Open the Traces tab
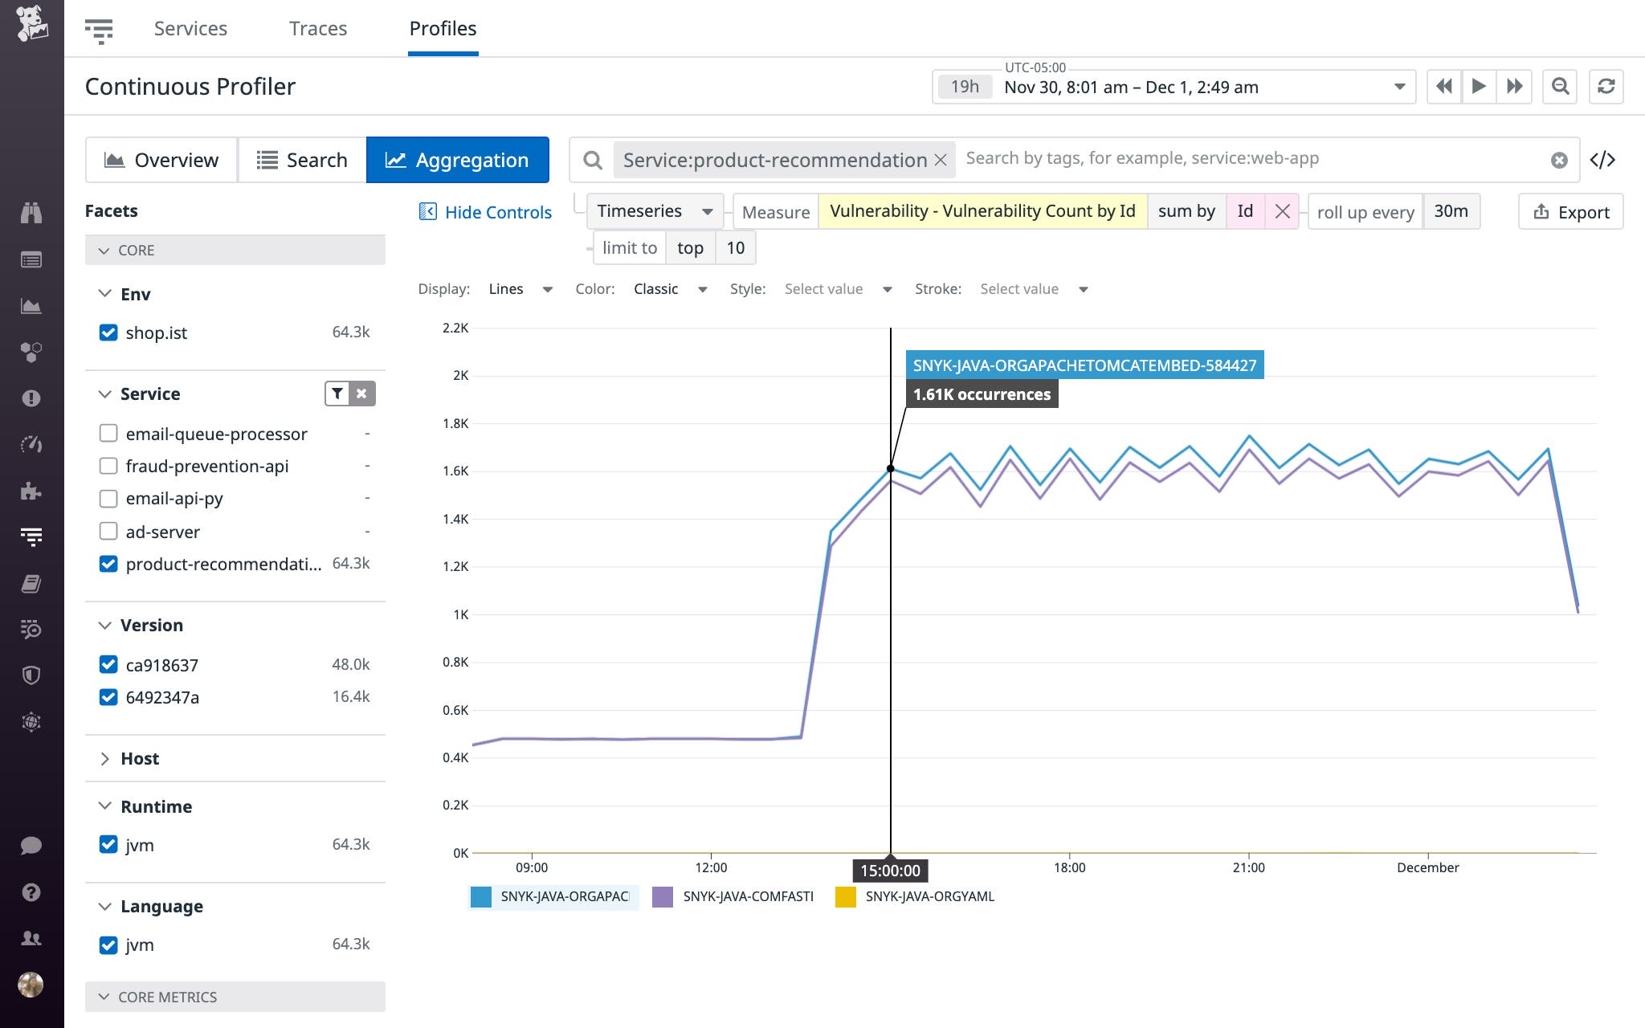click(x=318, y=29)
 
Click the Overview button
click(x=161, y=160)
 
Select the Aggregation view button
click(x=457, y=160)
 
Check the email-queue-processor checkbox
click(x=108, y=434)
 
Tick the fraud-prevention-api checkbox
click(x=108, y=466)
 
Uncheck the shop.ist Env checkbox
click(x=108, y=332)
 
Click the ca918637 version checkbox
click(x=108, y=664)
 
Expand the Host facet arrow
click(x=104, y=759)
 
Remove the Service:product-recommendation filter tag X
click(x=941, y=160)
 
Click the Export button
click(x=1571, y=212)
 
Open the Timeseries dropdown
click(x=655, y=211)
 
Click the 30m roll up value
click(x=1451, y=211)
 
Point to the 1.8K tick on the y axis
click(x=455, y=423)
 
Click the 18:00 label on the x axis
click(x=1069, y=867)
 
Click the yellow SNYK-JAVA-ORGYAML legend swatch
click(x=846, y=896)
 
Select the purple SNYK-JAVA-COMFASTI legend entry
click(x=747, y=896)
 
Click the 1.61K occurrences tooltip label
click(x=982, y=394)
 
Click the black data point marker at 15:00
click(x=890, y=468)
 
